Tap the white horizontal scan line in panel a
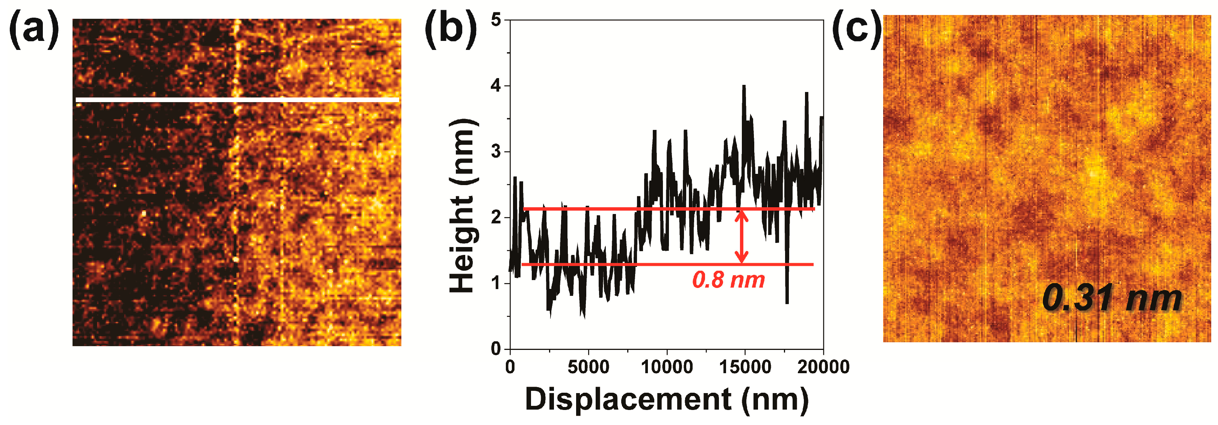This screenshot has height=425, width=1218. pos(236,99)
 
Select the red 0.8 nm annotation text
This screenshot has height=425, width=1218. pos(728,280)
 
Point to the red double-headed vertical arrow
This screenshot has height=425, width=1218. pos(741,236)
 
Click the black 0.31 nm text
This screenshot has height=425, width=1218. pos(1111,298)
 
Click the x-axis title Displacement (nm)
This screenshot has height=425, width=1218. pos(667,399)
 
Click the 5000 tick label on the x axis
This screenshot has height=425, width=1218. pos(588,367)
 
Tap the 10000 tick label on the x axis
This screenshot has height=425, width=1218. pos(667,367)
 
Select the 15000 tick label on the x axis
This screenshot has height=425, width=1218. pos(745,367)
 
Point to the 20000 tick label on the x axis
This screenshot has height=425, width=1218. pos(823,367)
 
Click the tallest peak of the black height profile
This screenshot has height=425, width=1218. pos(744,86)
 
